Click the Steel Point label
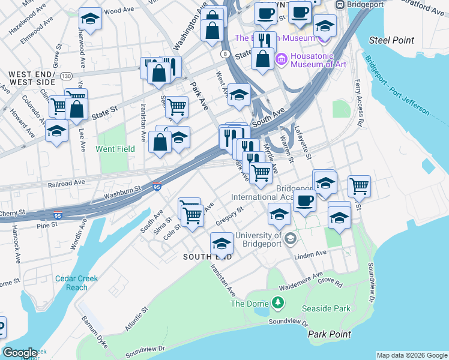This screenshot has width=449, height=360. tap(391, 40)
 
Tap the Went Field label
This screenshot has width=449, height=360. tap(115, 148)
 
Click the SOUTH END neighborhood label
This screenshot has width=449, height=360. tap(208, 257)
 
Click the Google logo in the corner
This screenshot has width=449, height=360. tap(20, 353)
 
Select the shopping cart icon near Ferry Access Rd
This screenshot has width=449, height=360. tap(359, 187)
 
